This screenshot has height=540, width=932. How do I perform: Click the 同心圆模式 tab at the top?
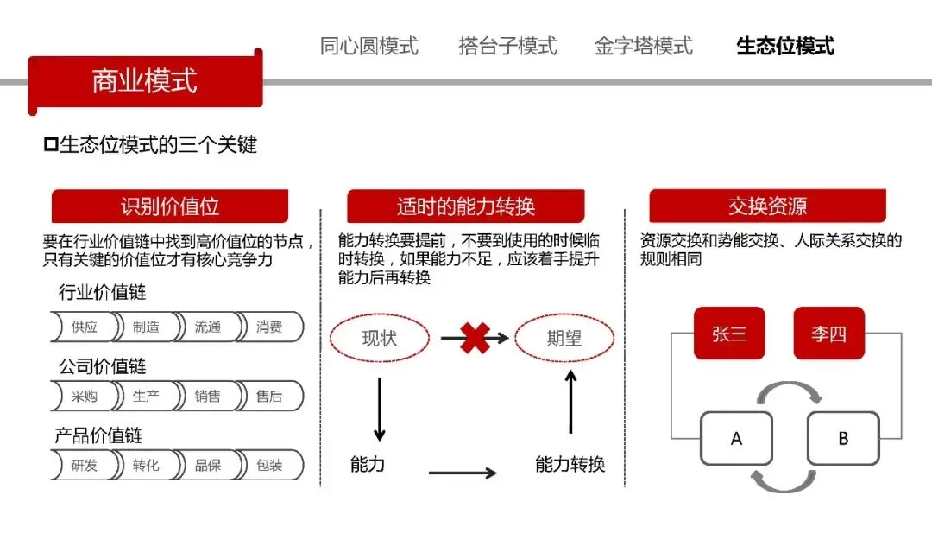tap(368, 46)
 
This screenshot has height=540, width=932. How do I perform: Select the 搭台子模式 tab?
tap(507, 46)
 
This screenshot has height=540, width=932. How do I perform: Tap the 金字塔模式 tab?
tap(643, 46)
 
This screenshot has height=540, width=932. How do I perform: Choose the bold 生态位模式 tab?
tap(785, 46)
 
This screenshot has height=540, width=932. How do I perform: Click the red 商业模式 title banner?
tap(144, 80)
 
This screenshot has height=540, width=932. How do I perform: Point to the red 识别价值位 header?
tap(170, 206)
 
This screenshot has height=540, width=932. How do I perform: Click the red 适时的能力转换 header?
tap(466, 206)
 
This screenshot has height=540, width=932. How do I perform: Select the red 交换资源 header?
tap(767, 206)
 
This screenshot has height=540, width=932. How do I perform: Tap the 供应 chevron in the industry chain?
tap(84, 327)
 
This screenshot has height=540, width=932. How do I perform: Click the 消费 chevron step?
tap(269, 327)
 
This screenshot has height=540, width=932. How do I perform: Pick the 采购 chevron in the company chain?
tap(84, 397)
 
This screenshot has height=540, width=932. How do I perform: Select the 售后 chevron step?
tap(269, 397)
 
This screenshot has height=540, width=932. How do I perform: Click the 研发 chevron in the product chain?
tap(84, 465)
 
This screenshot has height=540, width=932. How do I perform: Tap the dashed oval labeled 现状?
tap(379, 338)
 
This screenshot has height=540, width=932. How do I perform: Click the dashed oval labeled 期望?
tap(564, 338)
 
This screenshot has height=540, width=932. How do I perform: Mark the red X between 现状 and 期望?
tap(474, 338)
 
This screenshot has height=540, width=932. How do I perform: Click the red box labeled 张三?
tap(729, 334)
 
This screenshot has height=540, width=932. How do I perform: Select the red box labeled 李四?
tap(828, 334)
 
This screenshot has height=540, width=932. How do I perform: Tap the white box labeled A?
tap(736, 438)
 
